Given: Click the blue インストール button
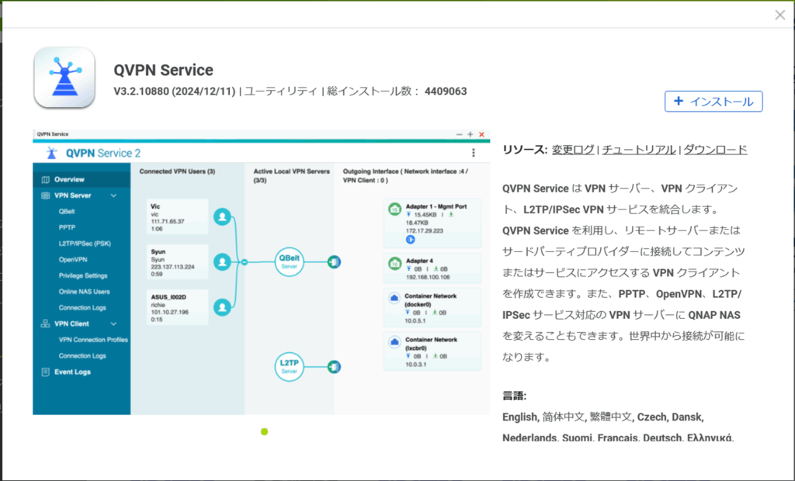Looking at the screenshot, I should pyautogui.click(x=713, y=102).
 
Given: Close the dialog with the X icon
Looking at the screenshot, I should pyautogui.click(x=779, y=15).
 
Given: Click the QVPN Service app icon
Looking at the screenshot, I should pyautogui.click(x=64, y=78).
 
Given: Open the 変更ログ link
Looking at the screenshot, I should pyautogui.click(x=573, y=150).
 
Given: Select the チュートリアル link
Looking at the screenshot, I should pyautogui.click(x=639, y=150).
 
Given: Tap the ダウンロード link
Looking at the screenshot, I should pyautogui.click(x=715, y=150).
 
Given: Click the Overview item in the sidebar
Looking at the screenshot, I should pyautogui.click(x=69, y=179).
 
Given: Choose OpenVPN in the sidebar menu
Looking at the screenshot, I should pyautogui.click(x=74, y=259).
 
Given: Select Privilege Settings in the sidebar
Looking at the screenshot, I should pyautogui.click(x=83, y=275).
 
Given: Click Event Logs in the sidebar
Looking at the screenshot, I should pyautogui.click(x=71, y=372).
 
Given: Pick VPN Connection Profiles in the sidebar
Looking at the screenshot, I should pyautogui.click(x=93, y=340).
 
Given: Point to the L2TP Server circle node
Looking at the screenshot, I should pyautogui.click(x=289, y=366).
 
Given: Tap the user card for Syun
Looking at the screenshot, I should pyautogui.click(x=178, y=262).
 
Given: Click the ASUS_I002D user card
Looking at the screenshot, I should pyautogui.click(x=178, y=306).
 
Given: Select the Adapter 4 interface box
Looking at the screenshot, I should pyautogui.click(x=432, y=267).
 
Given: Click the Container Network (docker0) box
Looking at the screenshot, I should pyautogui.click(x=432, y=305).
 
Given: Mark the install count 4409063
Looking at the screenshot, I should pyautogui.click(x=446, y=92).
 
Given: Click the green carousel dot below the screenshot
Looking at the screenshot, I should pyautogui.click(x=264, y=431).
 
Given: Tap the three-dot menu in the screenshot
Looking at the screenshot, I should pyautogui.click(x=474, y=154).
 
